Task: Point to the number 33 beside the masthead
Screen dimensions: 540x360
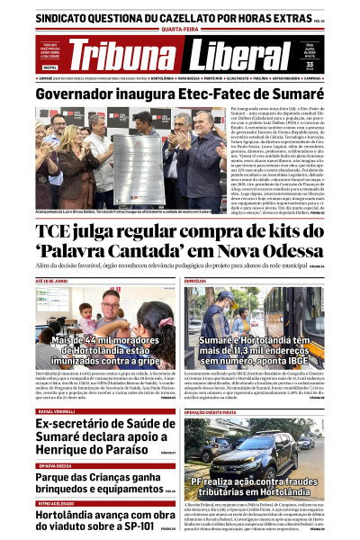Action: pos(334,64)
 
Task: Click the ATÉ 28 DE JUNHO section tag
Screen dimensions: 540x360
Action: pos(52,282)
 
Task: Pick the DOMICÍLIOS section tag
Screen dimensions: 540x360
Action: pos(196,282)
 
